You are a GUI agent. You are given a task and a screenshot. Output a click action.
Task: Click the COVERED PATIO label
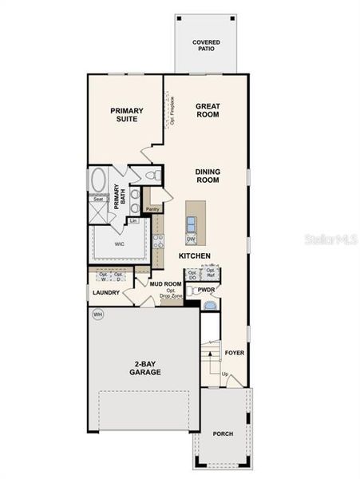(x=206, y=46)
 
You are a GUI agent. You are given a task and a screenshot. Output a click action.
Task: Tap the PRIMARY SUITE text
(x=124, y=114)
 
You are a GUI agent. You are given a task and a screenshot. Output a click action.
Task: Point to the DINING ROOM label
(x=208, y=176)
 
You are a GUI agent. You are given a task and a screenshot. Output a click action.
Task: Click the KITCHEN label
(x=194, y=255)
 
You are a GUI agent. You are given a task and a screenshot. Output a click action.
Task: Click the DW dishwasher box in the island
(x=192, y=239)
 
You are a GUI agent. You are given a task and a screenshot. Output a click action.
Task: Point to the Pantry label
(x=152, y=209)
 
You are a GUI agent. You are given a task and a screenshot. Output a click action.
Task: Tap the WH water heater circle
(x=97, y=315)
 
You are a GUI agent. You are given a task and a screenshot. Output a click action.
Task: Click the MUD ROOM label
(x=156, y=283)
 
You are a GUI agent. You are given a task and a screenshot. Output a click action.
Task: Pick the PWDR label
(x=206, y=290)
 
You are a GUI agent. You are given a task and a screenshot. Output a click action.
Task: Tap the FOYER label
(x=234, y=352)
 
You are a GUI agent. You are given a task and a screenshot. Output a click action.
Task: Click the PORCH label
(x=224, y=434)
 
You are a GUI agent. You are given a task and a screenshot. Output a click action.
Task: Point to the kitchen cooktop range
(x=159, y=239)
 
